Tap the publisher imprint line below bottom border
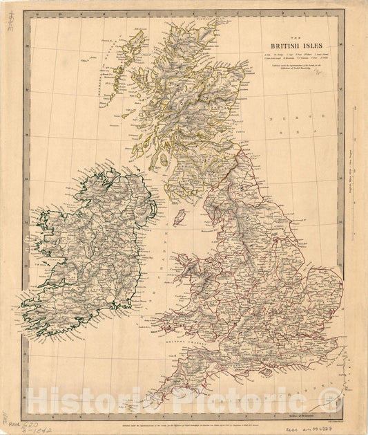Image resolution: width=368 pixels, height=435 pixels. [x=186, y=420]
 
